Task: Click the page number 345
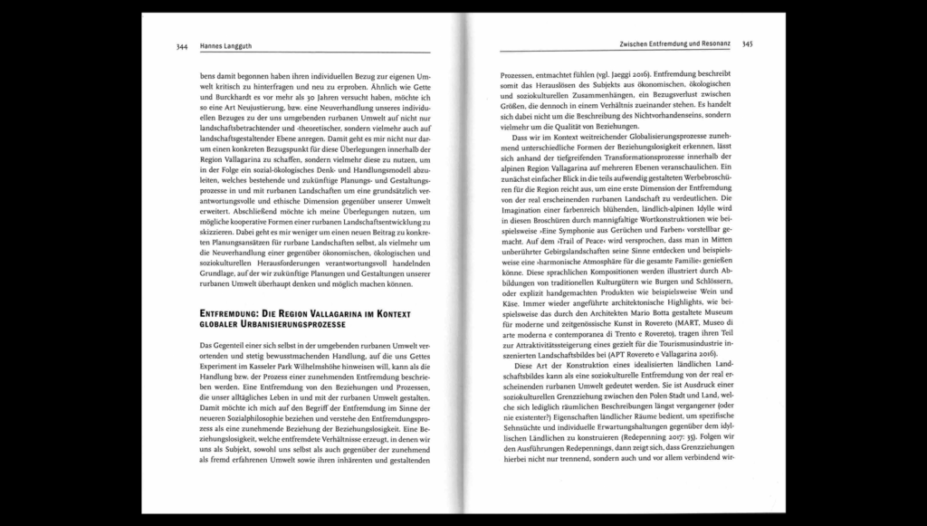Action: point(748,43)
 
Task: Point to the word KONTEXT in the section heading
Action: point(389,313)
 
